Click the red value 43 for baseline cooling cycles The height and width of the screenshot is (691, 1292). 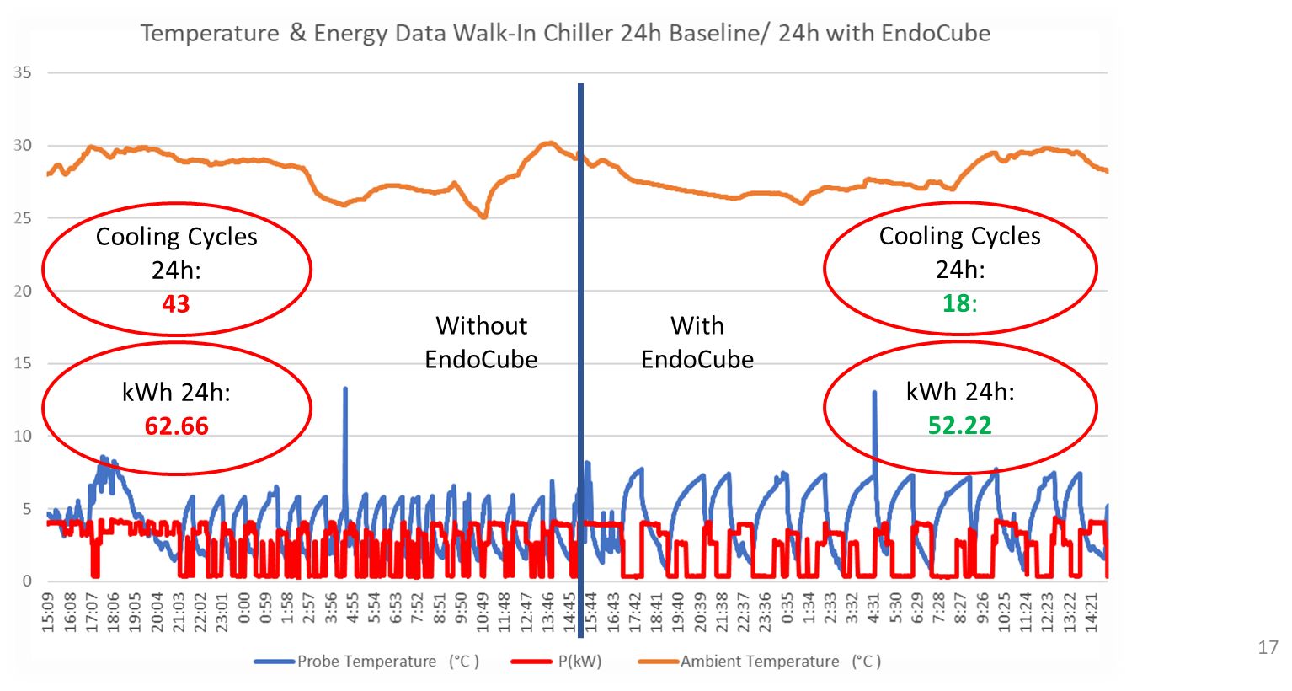tap(176, 303)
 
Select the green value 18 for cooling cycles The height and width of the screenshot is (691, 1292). tap(957, 303)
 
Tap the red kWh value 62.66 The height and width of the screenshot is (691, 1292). tap(176, 426)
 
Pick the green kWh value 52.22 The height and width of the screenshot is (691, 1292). tap(959, 426)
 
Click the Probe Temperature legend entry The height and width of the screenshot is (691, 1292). tap(367, 662)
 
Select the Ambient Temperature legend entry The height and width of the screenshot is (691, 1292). tap(760, 662)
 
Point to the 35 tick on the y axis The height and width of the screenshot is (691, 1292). tap(23, 72)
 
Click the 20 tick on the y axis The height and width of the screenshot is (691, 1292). tap(23, 291)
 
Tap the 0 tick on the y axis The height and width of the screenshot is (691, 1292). tap(27, 581)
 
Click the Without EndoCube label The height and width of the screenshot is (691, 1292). tap(481, 342)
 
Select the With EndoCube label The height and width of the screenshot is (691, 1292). tap(697, 342)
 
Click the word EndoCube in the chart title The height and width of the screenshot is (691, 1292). tap(936, 34)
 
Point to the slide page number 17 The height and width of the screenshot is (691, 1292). tap(1268, 647)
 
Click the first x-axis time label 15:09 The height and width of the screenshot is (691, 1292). tap(49, 612)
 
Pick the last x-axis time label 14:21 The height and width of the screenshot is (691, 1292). tap(1093, 612)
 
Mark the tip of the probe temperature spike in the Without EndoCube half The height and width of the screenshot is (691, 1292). tap(344, 388)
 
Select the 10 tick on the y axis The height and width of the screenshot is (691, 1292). tap(23, 436)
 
